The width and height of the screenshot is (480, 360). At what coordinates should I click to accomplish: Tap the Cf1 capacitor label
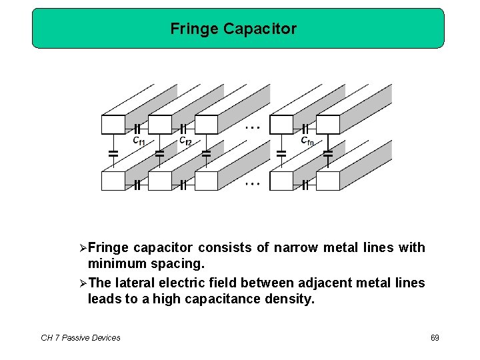click(139, 141)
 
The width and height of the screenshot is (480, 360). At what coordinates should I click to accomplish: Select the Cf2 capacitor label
click(185, 141)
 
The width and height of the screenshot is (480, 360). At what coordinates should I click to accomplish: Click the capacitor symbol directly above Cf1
click(137, 127)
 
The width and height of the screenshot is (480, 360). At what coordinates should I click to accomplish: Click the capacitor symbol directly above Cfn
click(305, 127)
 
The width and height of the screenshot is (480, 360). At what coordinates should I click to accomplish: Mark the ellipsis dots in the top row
click(252, 126)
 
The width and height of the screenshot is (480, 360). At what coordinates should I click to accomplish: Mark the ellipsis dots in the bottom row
click(252, 183)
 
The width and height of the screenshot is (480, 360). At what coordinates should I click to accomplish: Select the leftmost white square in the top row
click(113, 125)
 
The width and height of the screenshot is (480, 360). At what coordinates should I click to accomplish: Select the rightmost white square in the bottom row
click(328, 181)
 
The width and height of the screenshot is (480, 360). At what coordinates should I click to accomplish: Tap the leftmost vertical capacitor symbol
click(113, 153)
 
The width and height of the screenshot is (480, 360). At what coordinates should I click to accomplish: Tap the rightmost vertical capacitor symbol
click(328, 153)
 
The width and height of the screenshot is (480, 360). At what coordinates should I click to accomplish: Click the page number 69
click(435, 338)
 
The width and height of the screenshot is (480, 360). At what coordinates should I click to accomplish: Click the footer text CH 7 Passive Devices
click(81, 338)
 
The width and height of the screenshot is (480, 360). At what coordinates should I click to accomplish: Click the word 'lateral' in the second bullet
click(135, 283)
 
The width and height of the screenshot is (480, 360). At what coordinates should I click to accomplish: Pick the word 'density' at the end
click(289, 299)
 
